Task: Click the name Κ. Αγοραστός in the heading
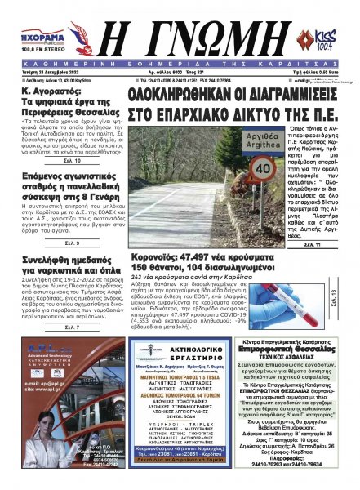(x=46, y=95)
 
